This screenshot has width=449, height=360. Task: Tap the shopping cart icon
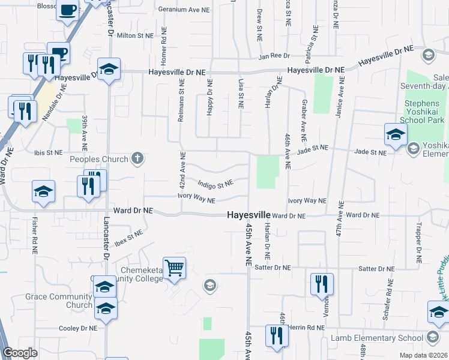click(174, 268)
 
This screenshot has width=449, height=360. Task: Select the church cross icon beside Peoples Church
click(137, 159)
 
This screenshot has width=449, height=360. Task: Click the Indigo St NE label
click(215, 182)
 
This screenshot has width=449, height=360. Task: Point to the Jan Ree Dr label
click(274, 56)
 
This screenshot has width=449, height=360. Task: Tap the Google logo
click(20, 353)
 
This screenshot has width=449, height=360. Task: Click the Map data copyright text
click(423, 355)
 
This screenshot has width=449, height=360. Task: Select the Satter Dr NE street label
click(273, 267)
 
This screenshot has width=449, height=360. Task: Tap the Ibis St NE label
click(49, 152)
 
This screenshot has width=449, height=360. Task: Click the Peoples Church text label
click(99, 159)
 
